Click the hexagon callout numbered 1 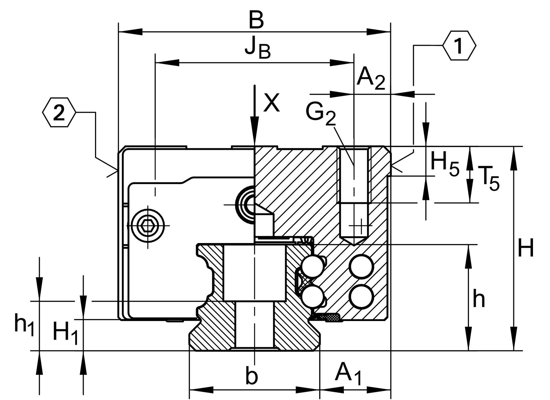click(x=459, y=46)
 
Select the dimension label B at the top click(x=256, y=21)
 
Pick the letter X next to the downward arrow click(x=271, y=103)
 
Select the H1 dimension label click(x=66, y=333)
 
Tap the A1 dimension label click(x=348, y=374)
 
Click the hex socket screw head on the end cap click(x=148, y=226)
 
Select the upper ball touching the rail click(x=312, y=266)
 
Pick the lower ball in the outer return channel click(x=361, y=296)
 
